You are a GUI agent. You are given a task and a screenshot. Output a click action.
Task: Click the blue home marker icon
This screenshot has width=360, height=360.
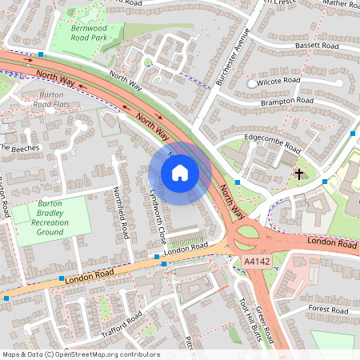click(179, 172)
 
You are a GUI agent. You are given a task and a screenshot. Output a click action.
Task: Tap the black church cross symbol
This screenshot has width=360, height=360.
click(299, 173)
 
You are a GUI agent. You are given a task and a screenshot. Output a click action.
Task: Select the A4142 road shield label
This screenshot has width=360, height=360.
click(257, 262)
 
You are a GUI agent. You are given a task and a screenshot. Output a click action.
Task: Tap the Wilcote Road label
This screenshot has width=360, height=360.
click(278, 82)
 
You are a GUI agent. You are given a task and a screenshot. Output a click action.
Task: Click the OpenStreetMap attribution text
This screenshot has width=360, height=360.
click(80, 354)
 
